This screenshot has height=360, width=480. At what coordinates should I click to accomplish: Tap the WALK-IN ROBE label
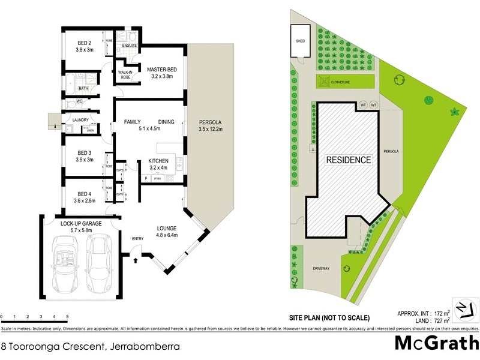(125, 74)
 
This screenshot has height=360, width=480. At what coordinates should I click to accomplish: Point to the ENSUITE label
(130, 46)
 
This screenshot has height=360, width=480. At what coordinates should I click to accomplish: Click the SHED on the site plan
(301, 41)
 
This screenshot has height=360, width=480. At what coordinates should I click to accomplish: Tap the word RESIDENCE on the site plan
(349, 160)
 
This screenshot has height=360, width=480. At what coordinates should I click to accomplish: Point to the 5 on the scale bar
(67, 316)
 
